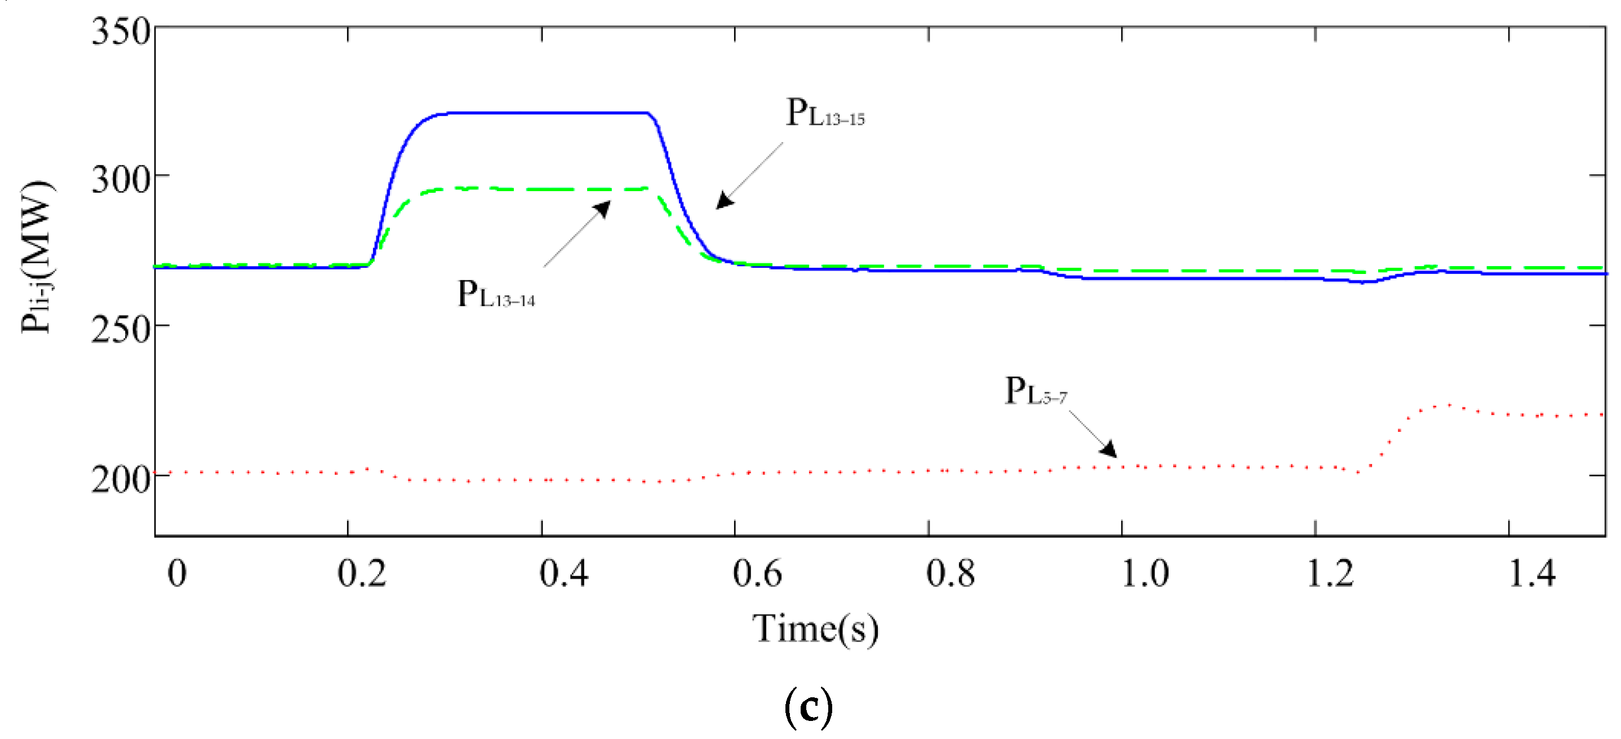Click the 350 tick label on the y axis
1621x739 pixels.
[x=121, y=32]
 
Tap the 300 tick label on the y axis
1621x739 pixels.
[x=121, y=180]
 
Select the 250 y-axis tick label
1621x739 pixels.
[x=121, y=329]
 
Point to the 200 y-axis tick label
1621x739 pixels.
[x=121, y=480]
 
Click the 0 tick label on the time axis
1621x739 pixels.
[x=177, y=574]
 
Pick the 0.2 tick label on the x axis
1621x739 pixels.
[x=362, y=574]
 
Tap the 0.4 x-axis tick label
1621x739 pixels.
[x=564, y=574]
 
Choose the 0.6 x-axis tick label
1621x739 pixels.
[x=757, y=574]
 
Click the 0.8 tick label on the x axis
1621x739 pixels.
[x=950, y=574]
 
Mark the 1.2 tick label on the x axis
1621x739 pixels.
[x=1330, y=574]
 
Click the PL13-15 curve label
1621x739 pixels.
[x=825, y=114]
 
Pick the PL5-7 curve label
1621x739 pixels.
[x=1036, y=392]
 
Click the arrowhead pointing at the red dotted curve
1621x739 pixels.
[x=1109, y=449]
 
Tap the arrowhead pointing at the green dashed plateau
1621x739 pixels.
[x=603, y=209]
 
